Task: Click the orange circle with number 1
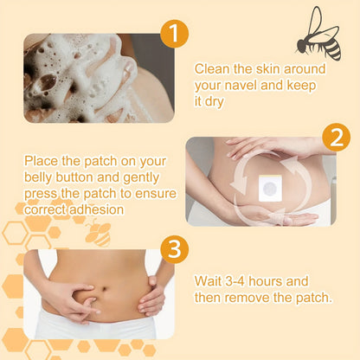point(174,34)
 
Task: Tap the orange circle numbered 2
point(336,138)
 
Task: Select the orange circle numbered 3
point(174,249)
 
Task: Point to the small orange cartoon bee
point(98,233)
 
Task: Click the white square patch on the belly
point(270,188)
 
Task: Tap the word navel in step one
point(241,86)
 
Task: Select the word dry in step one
point(214,102)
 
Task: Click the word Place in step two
point(41,161)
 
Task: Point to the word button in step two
point(74,177)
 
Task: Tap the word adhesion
point(97,209)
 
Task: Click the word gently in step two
point(141,178)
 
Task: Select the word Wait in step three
point(209,281)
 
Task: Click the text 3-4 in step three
point(235,281)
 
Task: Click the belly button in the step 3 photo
point(104,289)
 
